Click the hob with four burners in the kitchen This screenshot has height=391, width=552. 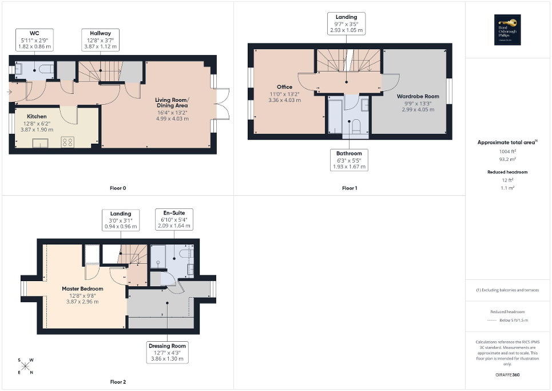point(67,141)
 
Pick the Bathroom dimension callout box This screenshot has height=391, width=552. point(350,160)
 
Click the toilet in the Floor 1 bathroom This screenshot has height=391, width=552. point(355,125)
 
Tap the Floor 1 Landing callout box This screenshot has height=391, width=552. point(346,23)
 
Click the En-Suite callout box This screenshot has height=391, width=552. point(174,219)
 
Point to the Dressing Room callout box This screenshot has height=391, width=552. point(168,352)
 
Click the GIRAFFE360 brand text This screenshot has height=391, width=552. point(509,375)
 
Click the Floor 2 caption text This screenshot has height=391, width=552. point(118,381)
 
